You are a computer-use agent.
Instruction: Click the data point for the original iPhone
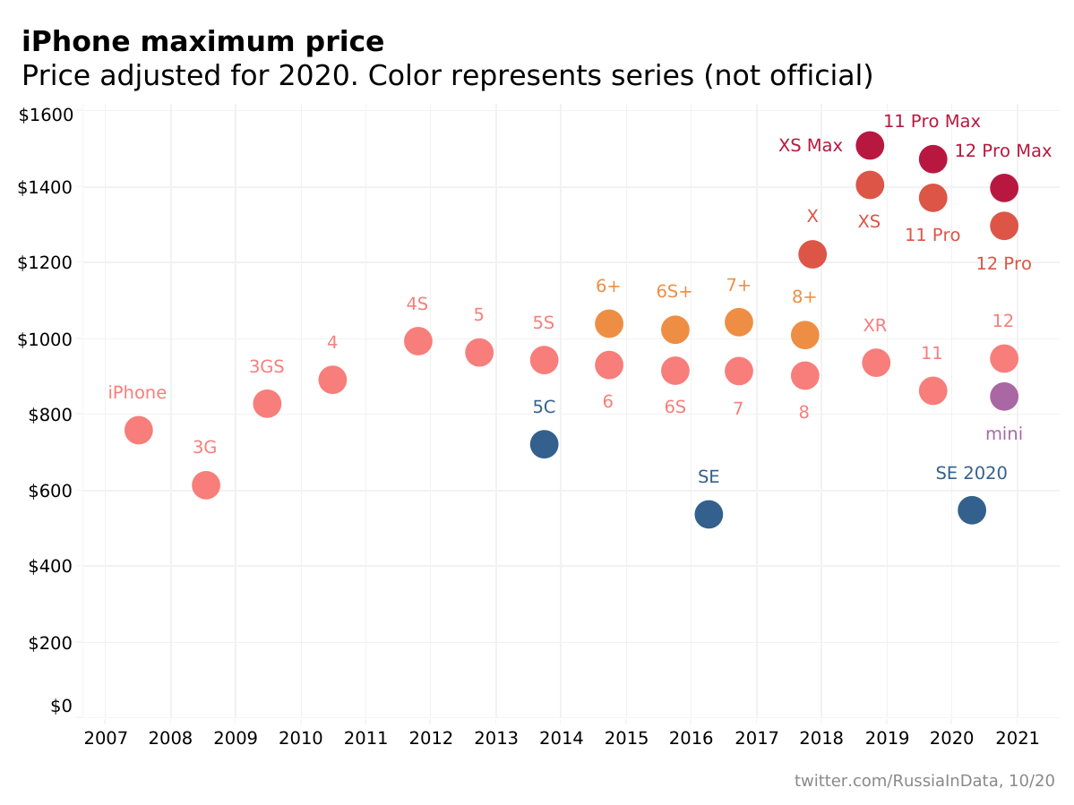(x=138, y=430)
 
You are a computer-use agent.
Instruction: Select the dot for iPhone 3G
(x=206, y=485)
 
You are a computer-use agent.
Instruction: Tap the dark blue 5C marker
(x=544, y=443)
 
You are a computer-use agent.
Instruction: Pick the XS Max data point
(x=869, y=145)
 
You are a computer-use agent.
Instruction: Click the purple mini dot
(x=1004, y=396)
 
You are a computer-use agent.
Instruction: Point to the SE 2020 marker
(x=972, y=510)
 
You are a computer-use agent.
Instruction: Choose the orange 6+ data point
(x=609, y=323)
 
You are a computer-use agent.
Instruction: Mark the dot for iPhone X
(x=812, y=254)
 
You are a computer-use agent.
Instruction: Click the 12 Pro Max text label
(x=1002, y=151)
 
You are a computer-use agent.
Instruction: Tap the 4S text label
(x=417, y=304)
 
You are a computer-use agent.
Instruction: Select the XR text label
(x=875, y=326)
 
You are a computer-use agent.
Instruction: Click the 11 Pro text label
(x=932, y=236)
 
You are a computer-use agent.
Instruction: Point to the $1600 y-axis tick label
(x=45, y=115)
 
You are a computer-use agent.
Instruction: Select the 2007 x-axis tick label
(x=105, y=739)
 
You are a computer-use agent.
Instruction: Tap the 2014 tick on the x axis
(x=561, y=739)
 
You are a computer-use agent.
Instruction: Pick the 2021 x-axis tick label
(x=1018, y=739)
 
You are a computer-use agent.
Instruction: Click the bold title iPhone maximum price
(x=202, y=42)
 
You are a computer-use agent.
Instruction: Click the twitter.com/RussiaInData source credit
(x=924, y=782)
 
